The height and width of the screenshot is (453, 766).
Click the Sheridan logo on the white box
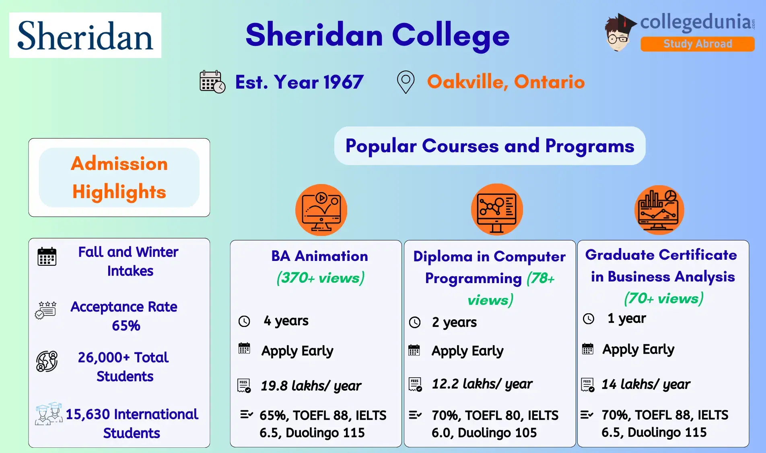[x=85, y=35]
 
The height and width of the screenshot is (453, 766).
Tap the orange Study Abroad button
[x=697, y=44]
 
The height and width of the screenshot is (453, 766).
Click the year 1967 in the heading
[x=343, y=82]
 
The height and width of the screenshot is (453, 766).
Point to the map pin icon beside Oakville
[x=406, y=82]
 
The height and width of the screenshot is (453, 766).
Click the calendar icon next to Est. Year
[x=212, y=82]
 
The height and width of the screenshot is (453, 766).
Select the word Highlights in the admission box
[x=119, y=192]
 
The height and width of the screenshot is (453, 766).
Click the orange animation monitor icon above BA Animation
[x=321, y=210]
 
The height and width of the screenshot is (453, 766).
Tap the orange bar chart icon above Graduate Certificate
[x=659, y=210]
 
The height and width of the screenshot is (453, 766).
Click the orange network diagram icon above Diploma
[x=497, y=210]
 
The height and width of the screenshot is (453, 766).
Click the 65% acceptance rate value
[x=126, y=325]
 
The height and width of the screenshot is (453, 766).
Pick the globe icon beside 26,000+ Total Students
[x=47, y=361]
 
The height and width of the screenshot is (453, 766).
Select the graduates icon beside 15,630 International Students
[x=49, y=414]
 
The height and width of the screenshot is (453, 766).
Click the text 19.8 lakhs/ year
[x=311, y=386]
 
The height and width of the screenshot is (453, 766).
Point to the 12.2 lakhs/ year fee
[x=482, y=384]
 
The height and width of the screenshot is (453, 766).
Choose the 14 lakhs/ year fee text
[x=645, y=384]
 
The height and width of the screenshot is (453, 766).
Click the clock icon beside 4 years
[x=244, y=321]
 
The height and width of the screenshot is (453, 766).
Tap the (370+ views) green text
[x=320, y=278]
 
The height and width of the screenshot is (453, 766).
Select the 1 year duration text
[x=626, y=319]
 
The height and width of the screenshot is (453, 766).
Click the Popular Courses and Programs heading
[x=490, y=146]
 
